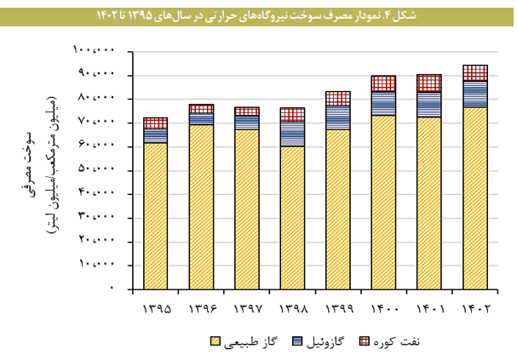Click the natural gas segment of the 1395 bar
[x=155, y=216]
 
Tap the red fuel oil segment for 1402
[x=474, y=72]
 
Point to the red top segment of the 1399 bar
[x=337, y=98]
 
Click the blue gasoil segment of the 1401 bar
[x=429, y=104]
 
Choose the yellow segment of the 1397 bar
[x=246, y=209]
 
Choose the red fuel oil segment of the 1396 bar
[x=201, y=109]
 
